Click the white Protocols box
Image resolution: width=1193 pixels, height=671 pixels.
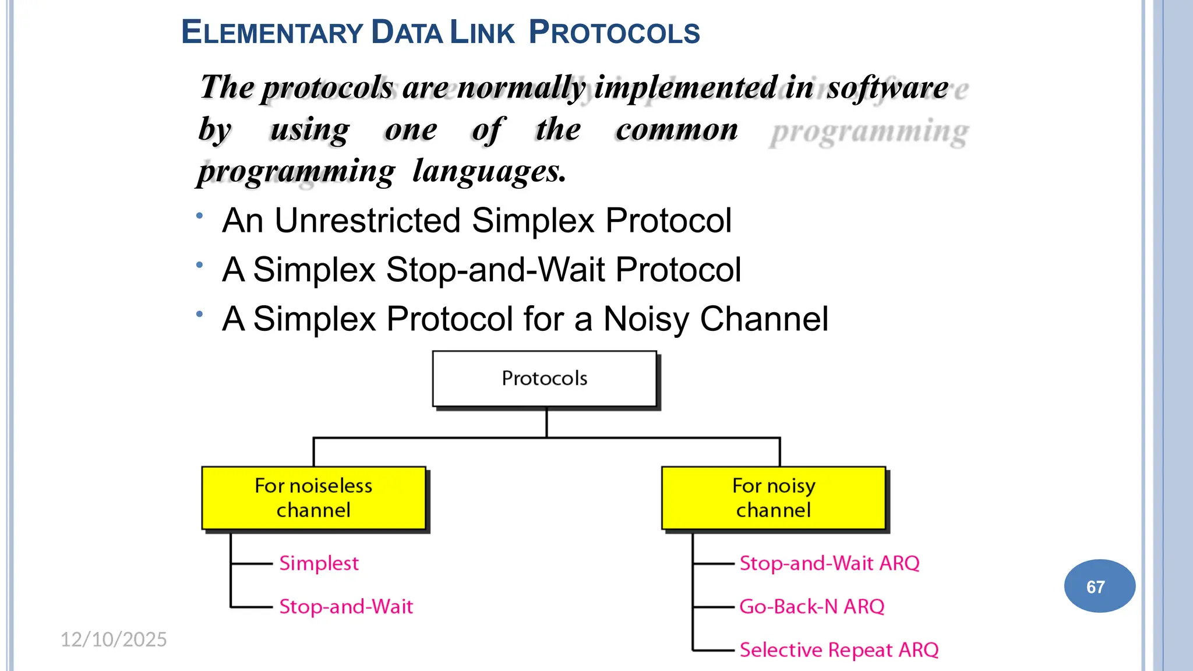click(545, 379)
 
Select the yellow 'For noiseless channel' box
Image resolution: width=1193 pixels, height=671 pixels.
click(313, 498)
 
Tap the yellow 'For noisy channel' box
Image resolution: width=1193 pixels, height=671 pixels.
click(774, 498)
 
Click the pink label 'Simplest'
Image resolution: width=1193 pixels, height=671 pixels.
click(319, 563)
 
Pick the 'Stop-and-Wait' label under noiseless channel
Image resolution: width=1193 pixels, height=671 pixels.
click(346, 607)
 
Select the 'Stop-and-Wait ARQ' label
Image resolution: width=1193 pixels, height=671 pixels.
click(829, 563)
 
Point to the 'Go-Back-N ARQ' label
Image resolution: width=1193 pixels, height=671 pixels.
click(811, 607)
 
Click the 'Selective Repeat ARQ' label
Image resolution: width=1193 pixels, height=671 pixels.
click(839, 650)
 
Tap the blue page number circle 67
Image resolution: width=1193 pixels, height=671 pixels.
click(1099, 586)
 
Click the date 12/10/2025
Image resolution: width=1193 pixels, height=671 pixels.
click(114, 640)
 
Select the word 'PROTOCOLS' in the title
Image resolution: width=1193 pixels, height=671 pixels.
click(614, 33)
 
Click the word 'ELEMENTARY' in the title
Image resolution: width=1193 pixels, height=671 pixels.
click(273, 33)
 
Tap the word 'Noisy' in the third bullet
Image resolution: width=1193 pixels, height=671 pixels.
click(646, 319)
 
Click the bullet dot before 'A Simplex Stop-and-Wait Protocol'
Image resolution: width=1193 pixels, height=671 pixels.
click(200, 265)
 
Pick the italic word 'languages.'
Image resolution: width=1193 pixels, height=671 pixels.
click(489, 172)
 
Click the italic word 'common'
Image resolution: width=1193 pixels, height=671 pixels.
click(677, 129)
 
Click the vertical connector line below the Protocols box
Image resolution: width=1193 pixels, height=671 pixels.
click(546, 423)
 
